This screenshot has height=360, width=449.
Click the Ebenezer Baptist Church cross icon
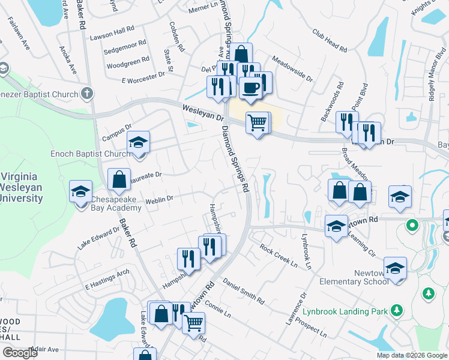[88, 94]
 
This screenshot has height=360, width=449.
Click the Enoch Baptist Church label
[91, 154]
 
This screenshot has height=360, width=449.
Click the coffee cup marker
[250, 88]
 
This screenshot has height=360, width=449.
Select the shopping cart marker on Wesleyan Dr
[258, 122]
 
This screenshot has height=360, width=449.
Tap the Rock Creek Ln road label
[279, 256]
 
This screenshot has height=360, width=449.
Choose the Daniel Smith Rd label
[244, 290]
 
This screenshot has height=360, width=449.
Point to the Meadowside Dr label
[292, 68]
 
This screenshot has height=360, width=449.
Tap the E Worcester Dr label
[143, 77]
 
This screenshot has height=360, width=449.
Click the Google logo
[20, 353]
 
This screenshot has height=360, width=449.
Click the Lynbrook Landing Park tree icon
[396, 310]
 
